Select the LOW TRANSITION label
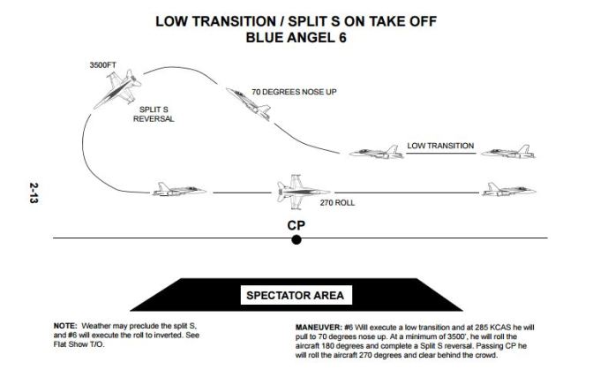[x=440, y=145]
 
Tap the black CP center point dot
[x=296, y=239]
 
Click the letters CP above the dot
[x=296, y=223]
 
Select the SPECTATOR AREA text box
[x=296, y=295]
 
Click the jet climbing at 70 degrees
[x=252, y=103]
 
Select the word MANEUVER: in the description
[x=322, y=326]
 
